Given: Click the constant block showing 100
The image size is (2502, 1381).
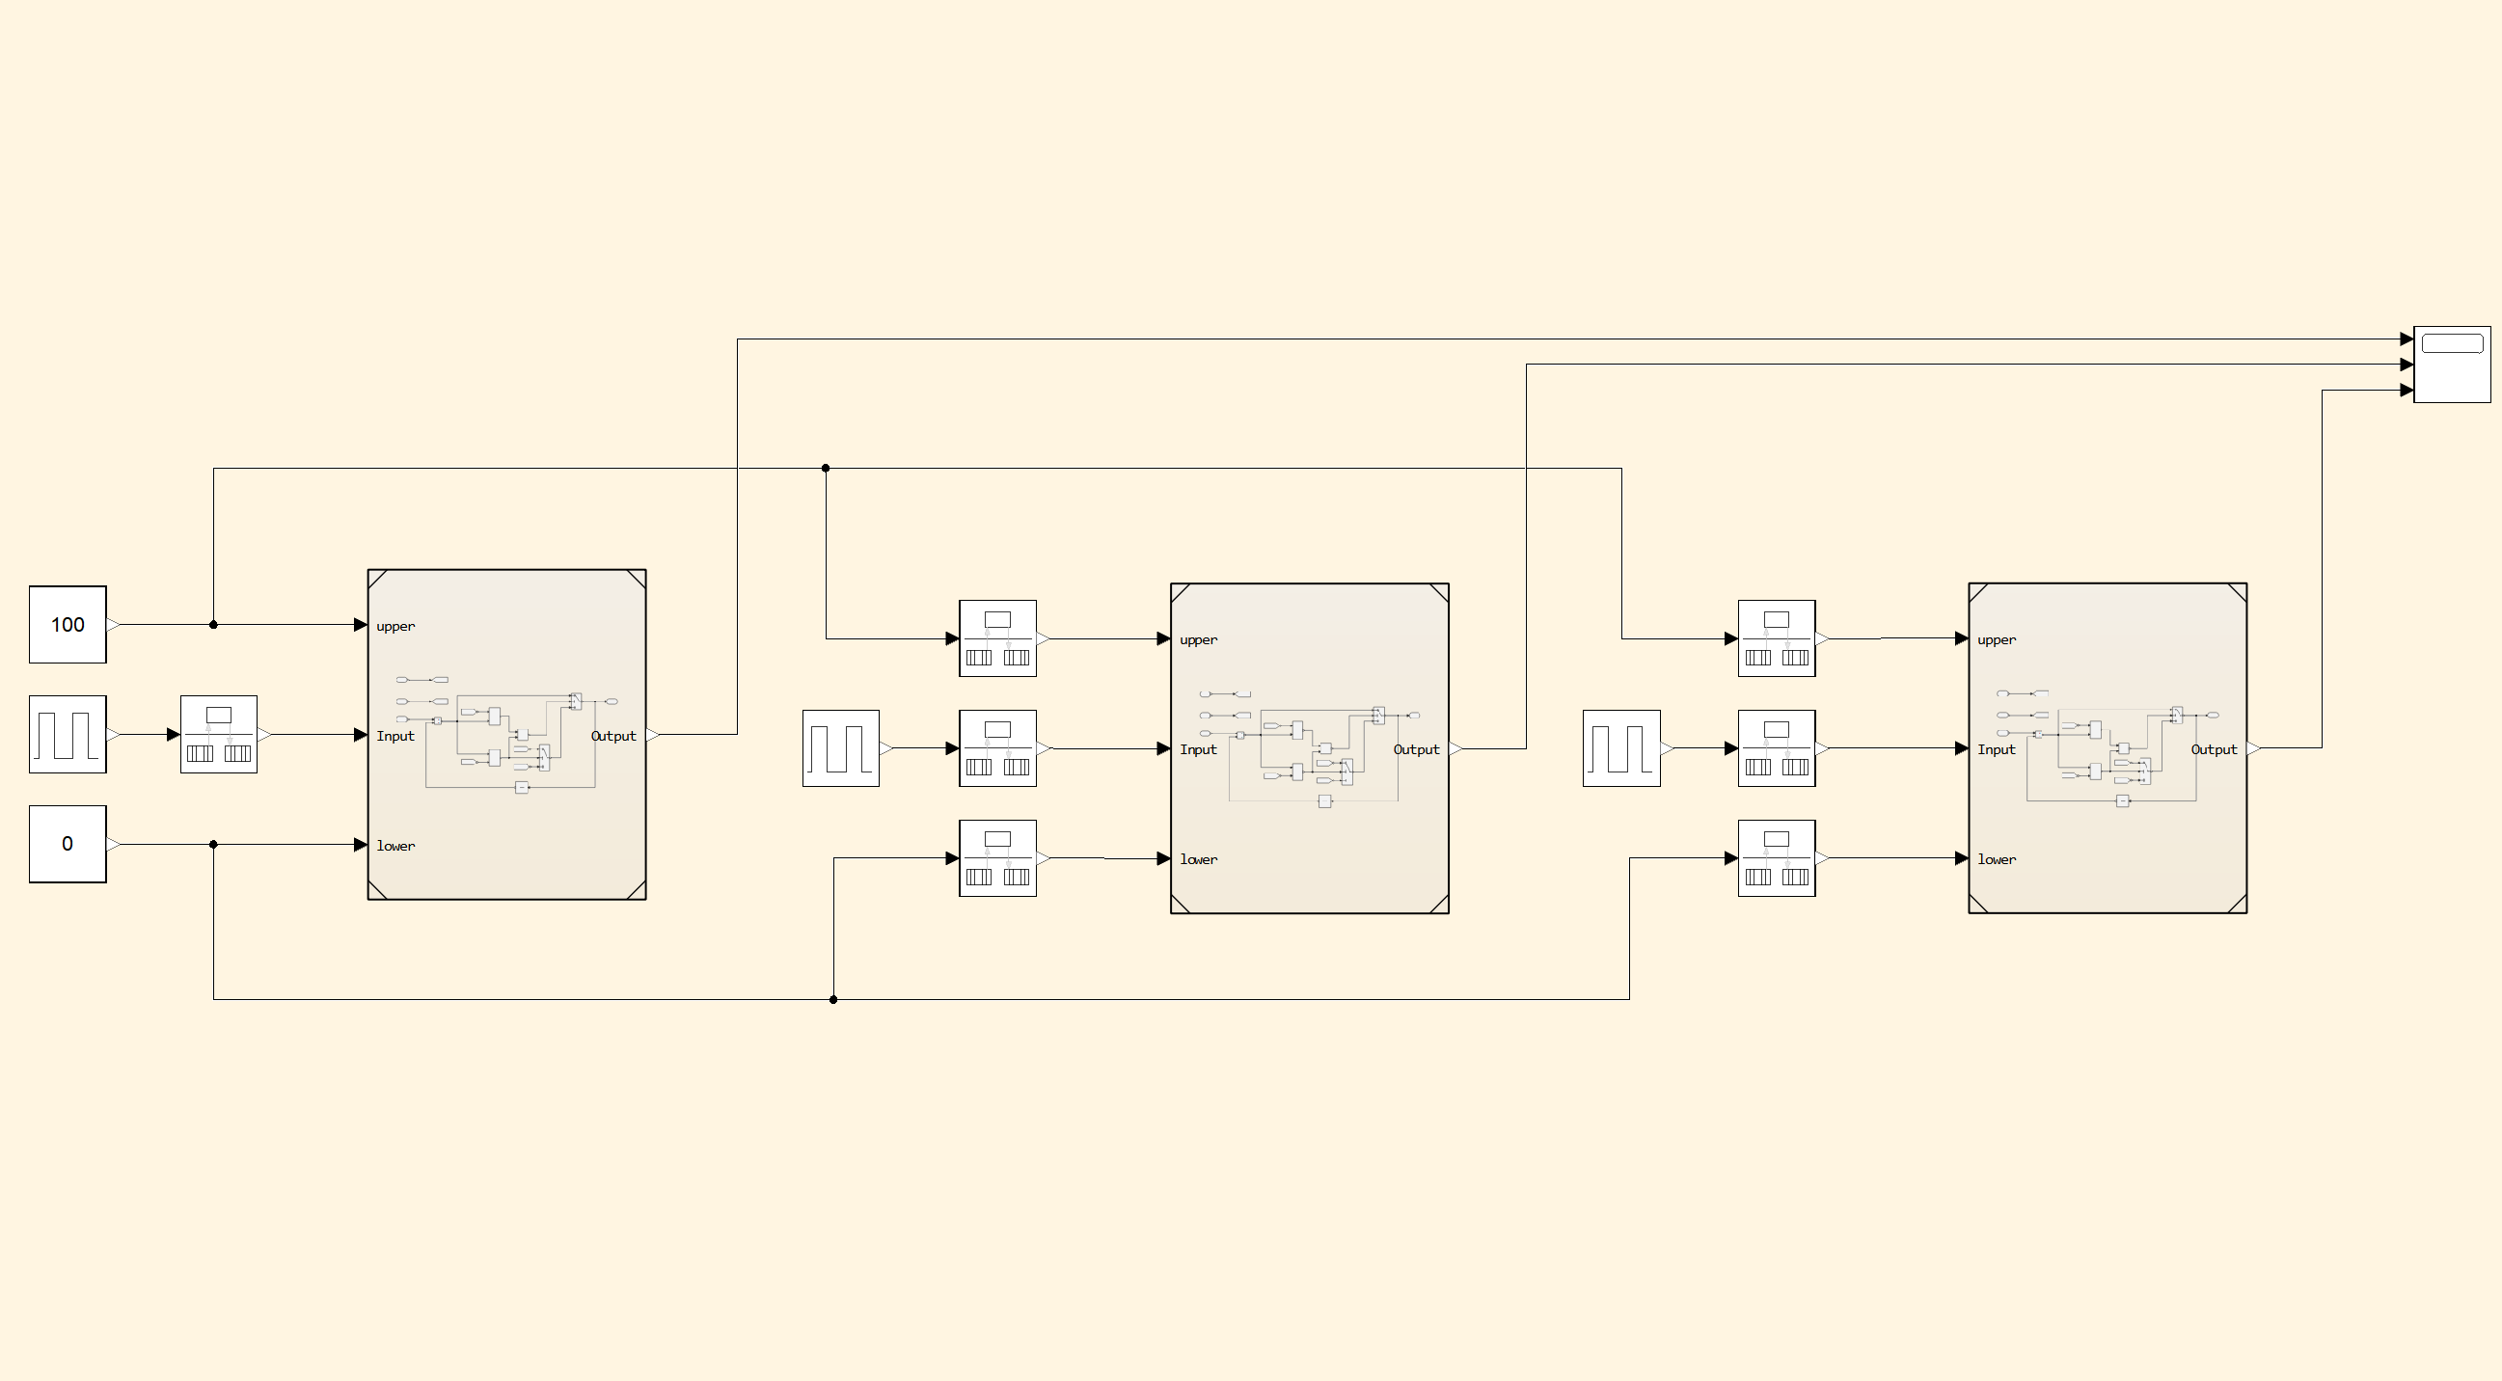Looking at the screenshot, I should click(x=67, y=625).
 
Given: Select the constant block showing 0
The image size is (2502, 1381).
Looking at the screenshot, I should click(x=67, y=844).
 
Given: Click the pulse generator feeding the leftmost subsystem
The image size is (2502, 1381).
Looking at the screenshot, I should click(x=67, y=734).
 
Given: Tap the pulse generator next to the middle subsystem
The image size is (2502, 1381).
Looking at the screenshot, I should click(x=840, y=747).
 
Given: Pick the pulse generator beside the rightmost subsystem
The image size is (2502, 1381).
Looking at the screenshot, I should click(x=1620, y=747).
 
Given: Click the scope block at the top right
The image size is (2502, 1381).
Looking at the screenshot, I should click(x=2452, y=365).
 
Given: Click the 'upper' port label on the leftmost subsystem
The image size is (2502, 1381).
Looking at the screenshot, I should click(x=395, y=627).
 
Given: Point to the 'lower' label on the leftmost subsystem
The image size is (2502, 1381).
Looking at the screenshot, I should click(x=395, y=846).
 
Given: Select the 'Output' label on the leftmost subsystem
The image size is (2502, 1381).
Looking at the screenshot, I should click(x=612, y=736).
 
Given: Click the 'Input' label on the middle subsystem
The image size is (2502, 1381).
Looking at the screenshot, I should click(x=1198, y=749).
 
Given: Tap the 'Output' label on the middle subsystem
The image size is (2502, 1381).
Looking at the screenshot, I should click(x=1416, y=749).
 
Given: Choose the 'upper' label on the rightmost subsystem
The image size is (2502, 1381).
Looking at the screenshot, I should click(x=1996, y=640).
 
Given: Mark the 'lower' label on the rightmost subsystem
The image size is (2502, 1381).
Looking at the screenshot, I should click(x=1996, y=859).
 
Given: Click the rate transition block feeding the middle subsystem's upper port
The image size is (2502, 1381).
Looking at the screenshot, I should click(x=997, y=638).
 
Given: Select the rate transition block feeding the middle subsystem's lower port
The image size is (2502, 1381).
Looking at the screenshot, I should click(x=997, y=857).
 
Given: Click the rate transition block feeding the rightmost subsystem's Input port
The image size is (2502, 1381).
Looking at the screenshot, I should click(x=1776, y=747).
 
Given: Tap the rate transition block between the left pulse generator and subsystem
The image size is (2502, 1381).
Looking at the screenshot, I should click(x=219, y=734).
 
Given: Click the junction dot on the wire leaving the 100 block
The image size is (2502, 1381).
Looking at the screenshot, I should click(x=214, y=625).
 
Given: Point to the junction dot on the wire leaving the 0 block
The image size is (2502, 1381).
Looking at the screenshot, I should click(x=214, y=844).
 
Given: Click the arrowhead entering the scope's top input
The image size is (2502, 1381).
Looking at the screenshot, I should click(x=2406, y=338).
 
